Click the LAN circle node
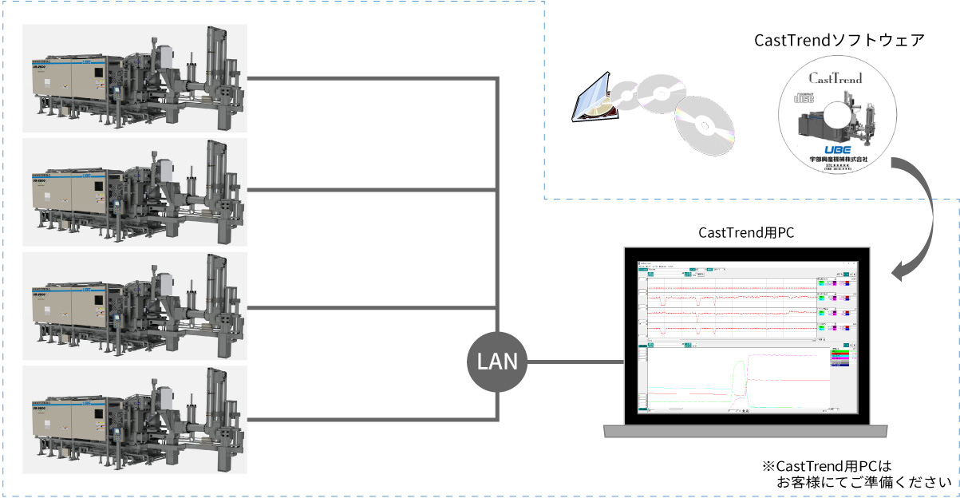(497, 362)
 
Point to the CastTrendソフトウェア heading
(840, 40)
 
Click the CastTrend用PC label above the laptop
(746, 232)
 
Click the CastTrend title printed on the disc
(836, 78)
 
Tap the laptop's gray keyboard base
(745, 431)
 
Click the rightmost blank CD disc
(703, 126)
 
